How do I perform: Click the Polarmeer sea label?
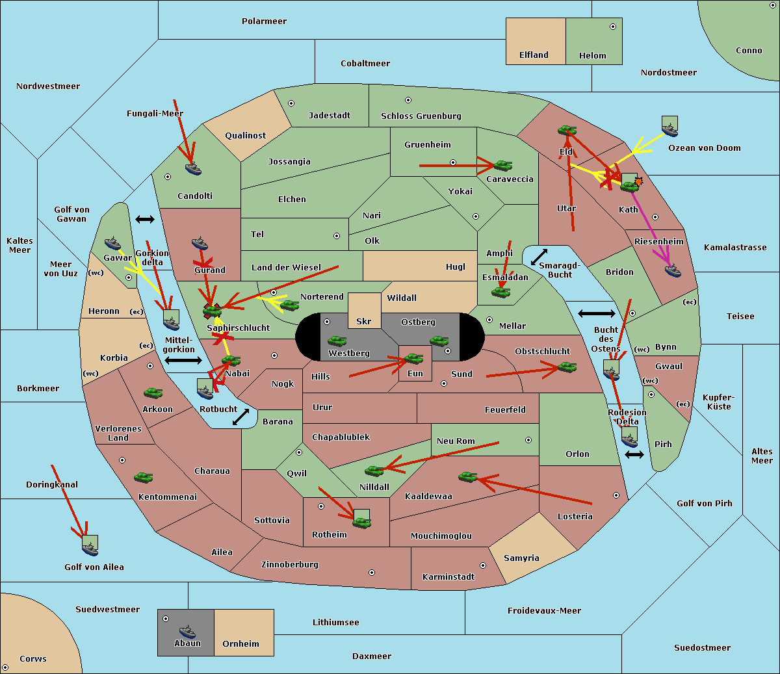click(x=264, y=21)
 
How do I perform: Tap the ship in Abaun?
click(x=187, y=631)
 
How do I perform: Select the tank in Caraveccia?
click(x=502, y=166)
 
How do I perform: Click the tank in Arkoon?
click(x=153, y=393)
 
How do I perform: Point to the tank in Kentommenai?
click(x=143, y=478)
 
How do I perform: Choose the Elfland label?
click(x=534, y=55)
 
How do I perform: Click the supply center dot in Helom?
click(x=612, y=27)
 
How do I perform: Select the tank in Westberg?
click(x=337, y=341)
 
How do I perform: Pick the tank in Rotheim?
click(x=361, y=521)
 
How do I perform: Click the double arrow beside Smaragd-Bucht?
click(x=539, y=257)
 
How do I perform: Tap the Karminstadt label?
click(x=448, y=577)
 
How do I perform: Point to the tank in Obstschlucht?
click(x=567, y=367)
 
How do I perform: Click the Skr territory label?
click(x=364, y=322)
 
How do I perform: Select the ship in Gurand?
click(x=200, y=243)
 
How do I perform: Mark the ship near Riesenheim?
click(x=673, y=270)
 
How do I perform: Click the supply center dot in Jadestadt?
click(x=291, y=103)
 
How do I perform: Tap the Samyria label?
click(x=521, y=558)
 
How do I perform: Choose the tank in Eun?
click(x=413, y=358)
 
